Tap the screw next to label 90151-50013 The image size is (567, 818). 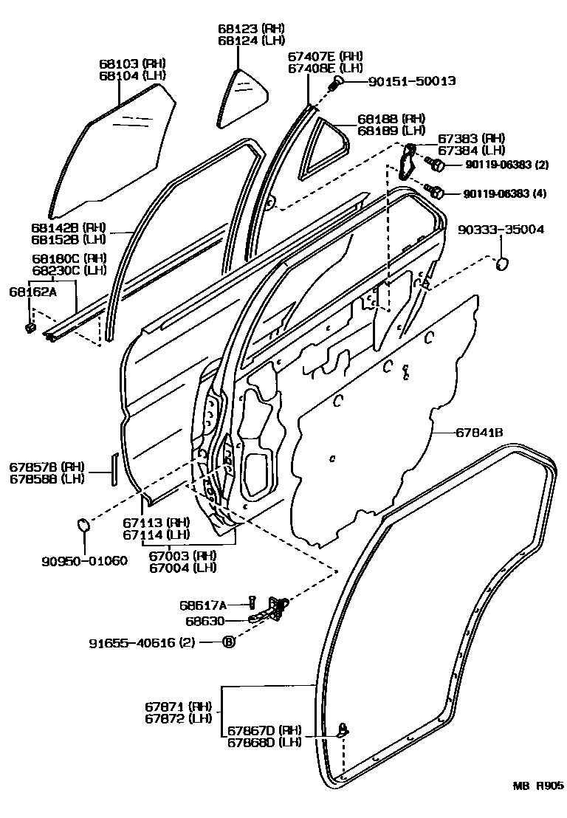click(x=336, y=83)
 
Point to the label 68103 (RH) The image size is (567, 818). click(x=133, y=63)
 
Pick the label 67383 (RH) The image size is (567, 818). click(x=471, y=138)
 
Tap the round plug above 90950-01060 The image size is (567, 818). click(x=83, y=526)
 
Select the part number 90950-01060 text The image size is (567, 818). click(x=83, y=560)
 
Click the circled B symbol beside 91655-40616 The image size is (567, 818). click(x=229, y=642)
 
